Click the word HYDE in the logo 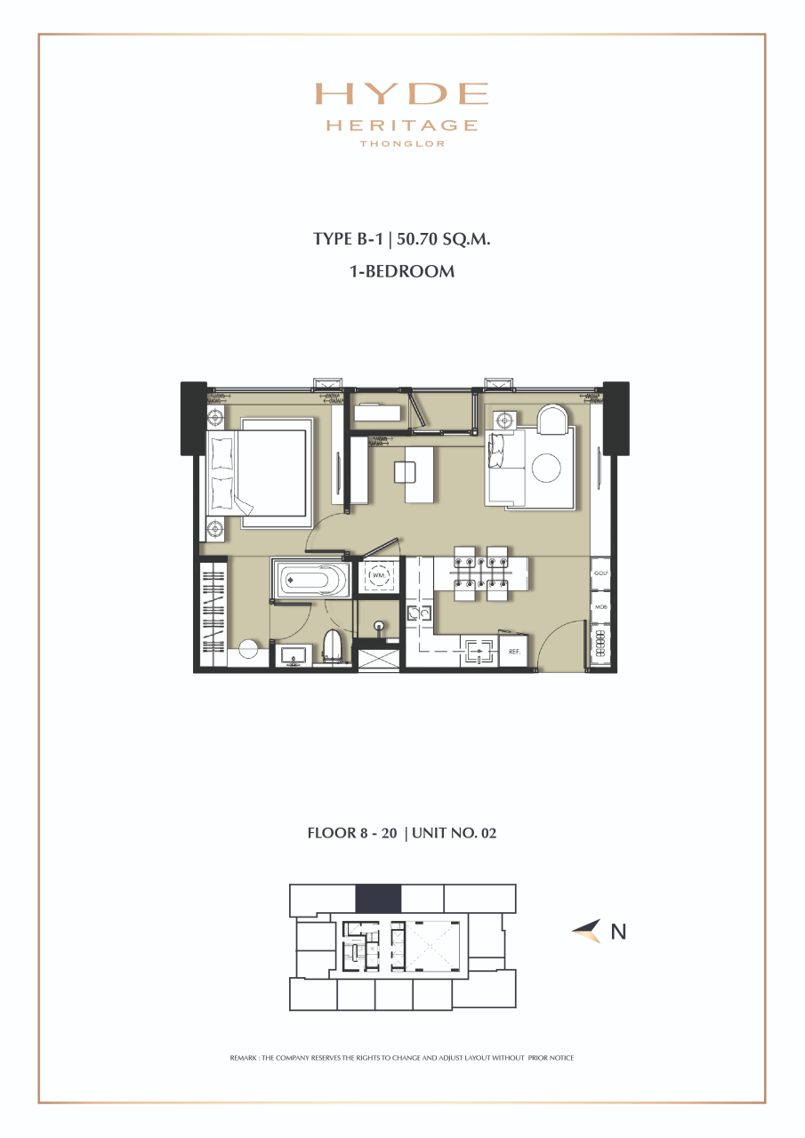point(402,94)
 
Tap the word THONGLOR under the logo point(402,143)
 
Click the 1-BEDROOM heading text point(402,271)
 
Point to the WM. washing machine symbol point(378,576)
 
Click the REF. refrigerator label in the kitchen point(514,652)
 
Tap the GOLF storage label point(601,574)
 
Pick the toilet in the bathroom point(334,645)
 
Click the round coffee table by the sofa point(547,468)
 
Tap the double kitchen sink point(418,613)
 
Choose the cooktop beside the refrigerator point(479,652)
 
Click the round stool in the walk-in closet point(248,649)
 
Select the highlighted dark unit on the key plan point(378,898)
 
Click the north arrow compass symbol point(587,931)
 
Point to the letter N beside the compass point(618,932)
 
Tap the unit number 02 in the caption point(496,834)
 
